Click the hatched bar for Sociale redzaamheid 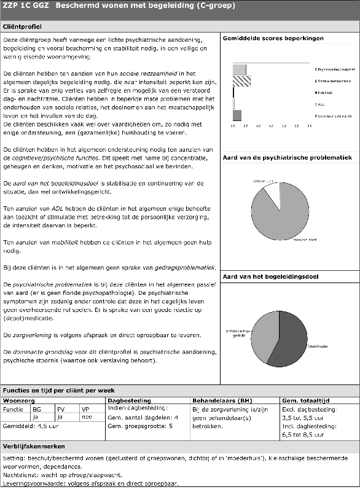pos(241,81)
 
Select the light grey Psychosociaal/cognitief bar pos(239,69)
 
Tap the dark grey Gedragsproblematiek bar pos(237,115)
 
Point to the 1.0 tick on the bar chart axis pos(258,125)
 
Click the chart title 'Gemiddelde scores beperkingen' pos(273,38)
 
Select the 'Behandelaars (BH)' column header pos(222,400)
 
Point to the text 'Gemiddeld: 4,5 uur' pos(31,424)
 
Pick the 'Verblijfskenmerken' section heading pos(34,446)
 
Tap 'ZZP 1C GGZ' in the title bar pos(25,6)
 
